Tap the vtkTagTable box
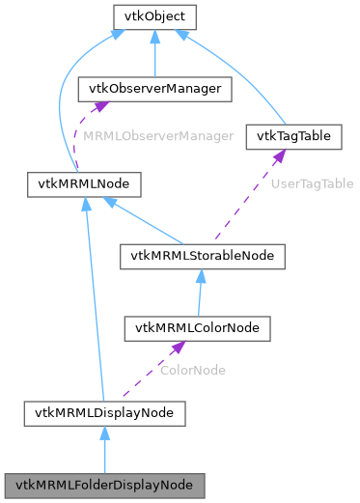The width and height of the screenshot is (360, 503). [293, 136]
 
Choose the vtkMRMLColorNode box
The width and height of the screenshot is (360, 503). [197, 328]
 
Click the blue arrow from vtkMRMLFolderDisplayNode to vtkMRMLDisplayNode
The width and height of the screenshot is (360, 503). [104, 449]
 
